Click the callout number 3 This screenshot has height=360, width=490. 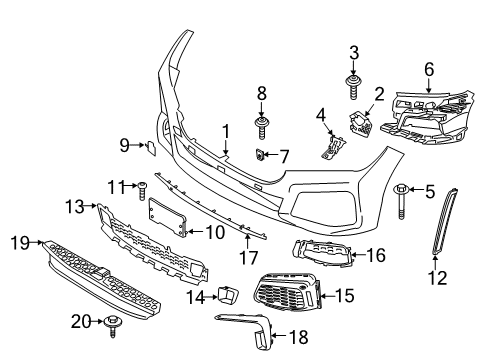tap(353, 52)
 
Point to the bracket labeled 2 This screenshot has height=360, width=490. tap(358, 125)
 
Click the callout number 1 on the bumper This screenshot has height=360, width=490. tap(226, 129)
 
